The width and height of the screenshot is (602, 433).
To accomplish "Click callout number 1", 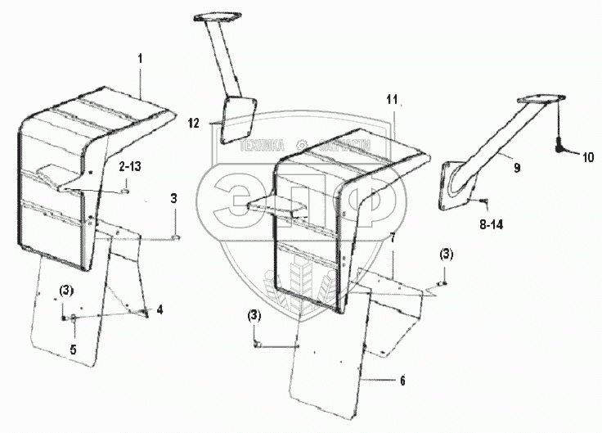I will pos(140,61).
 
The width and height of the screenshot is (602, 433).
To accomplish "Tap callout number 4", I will pos(160,309).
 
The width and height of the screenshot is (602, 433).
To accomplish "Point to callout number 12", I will pos(194,124).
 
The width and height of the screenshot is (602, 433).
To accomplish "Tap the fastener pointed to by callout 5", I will pos(73,318).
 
